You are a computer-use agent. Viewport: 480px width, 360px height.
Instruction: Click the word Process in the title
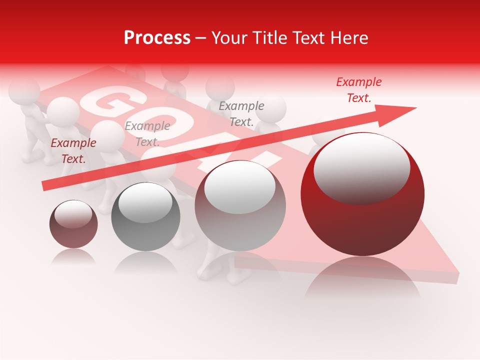point(157,38)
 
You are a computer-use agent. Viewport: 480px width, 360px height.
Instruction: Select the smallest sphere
point(73,224)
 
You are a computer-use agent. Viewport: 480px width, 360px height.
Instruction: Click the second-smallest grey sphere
point(145,217)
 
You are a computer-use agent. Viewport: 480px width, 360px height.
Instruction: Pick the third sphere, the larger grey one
point(240,206)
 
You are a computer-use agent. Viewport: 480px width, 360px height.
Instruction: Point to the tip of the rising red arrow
point(415,108)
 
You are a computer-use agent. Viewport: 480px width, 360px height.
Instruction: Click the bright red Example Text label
point(358,90)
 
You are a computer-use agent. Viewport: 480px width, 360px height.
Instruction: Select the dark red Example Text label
point(73,150)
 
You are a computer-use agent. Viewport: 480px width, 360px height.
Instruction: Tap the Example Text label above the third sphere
point(241,113)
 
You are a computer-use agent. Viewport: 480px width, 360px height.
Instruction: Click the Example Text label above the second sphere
point(147,134)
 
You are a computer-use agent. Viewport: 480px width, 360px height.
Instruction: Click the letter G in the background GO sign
point(107,102)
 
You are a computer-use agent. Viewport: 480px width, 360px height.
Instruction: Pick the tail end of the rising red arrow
point(45,186)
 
